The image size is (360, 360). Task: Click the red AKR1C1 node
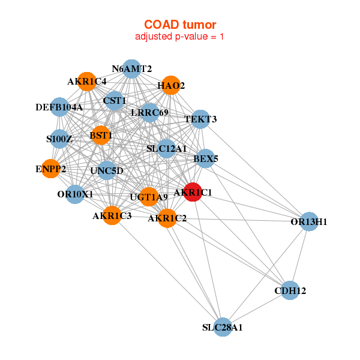[x=193, y=193]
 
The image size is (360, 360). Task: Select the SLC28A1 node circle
[x=223, y=327]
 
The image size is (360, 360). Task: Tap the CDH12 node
[x=290, y=290]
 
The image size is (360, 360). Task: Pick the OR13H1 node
[x=308, y=221]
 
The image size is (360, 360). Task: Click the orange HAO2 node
[x=171, y=85]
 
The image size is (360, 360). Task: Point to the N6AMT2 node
[x=131, y=68]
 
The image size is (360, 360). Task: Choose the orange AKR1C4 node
[x=88, y=81]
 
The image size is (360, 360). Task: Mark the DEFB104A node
[x=59, y=107]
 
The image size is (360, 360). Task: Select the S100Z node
[x=59, y=139]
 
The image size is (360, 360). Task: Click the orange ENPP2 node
[x=51, y=169]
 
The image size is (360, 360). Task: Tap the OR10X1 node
[x=75, y=194]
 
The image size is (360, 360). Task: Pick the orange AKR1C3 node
[x=112, y=215]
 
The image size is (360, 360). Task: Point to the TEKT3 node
[x=200, y=119]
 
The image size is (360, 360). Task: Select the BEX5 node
[x=206, y=159]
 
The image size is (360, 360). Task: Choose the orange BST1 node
[x=101, y=136]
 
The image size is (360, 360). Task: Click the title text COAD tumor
[x=180, y=25]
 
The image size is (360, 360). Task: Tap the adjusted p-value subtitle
[x=180, y=37]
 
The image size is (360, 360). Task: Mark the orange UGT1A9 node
[x=149, y=196]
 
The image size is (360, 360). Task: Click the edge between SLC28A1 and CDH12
[x=257, y=308]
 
